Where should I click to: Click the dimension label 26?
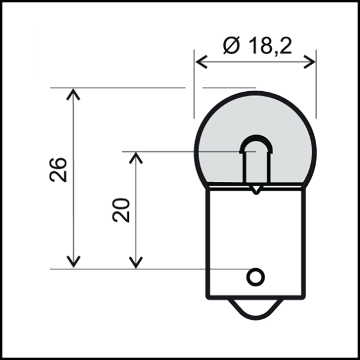(59, 170)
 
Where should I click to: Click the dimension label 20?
(122, 211)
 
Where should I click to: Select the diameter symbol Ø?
(231, 46)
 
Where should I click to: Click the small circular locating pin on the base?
(255, 277)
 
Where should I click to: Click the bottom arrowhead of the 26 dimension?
(73, 262)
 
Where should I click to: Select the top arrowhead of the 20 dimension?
(136, 157)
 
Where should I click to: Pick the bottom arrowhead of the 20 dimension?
(136, 262)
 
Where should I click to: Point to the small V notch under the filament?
(256, 190)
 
